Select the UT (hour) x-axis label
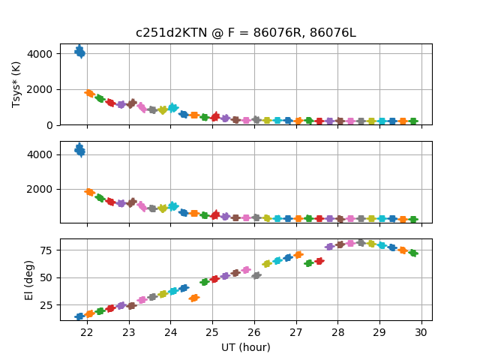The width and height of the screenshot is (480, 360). tap(245, 347)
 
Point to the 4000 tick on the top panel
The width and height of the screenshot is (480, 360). tap(43, 54)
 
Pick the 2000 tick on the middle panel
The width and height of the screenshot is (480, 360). tap(43, 189)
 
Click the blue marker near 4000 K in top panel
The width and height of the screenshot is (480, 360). tap(79, 52)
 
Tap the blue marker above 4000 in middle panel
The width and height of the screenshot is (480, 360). tap(79, 150)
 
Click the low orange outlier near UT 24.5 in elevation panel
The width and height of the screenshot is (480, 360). tap(193, 298)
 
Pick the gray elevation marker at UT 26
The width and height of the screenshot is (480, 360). tap(256, 275)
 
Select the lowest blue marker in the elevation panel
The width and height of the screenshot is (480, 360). tap(79, 316)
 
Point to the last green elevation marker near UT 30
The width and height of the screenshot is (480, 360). tap(413, 253)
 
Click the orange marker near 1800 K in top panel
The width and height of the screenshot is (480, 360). tap(89, 93)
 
